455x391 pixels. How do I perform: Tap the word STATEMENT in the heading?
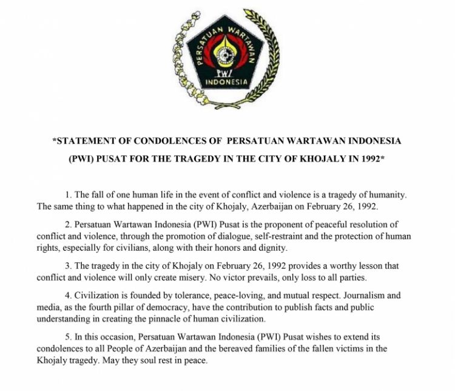(x=84, y=141)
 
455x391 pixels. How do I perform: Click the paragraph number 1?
(x=68, y=195)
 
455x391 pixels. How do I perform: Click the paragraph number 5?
(x=68, y=337)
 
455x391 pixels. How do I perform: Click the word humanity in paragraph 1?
(x=387, y=195)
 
